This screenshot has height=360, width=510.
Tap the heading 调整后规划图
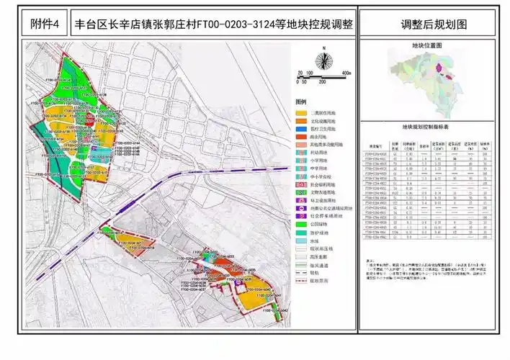[434, 24]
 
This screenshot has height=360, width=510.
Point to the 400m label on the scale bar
[346, 73]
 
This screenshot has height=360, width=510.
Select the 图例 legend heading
[301, 102]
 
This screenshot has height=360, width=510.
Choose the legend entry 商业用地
[318, 136]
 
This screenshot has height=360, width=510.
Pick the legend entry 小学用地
[318, 160]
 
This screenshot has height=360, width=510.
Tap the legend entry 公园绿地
[318, 224]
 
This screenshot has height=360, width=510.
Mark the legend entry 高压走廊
[318, 257]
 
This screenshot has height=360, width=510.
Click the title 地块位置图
[426, 45]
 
